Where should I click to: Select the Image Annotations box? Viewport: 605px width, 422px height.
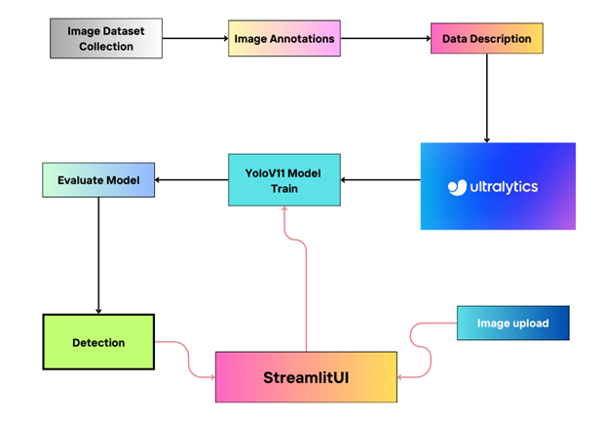[284, 39]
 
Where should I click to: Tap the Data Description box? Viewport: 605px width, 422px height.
[486, 39]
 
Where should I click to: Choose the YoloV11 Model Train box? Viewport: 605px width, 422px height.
[284, 179]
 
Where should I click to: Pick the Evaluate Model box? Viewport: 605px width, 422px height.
[97, 179]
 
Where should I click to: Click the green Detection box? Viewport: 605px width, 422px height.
[98, 342]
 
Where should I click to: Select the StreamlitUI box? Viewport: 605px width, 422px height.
[306, 376]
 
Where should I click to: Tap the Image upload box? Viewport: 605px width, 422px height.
[512, 323]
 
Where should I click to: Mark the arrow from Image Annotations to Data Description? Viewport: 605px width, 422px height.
[385, 39]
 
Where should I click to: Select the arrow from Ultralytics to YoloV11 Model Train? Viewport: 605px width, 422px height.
[380, 179]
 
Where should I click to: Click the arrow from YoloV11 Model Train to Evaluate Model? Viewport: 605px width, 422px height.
[190, 179]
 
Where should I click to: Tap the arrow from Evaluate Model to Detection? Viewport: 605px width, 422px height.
[97, 253]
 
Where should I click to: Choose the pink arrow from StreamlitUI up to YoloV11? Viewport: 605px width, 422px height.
[306, 283]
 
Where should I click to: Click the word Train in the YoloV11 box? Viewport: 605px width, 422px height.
[284, 189]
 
